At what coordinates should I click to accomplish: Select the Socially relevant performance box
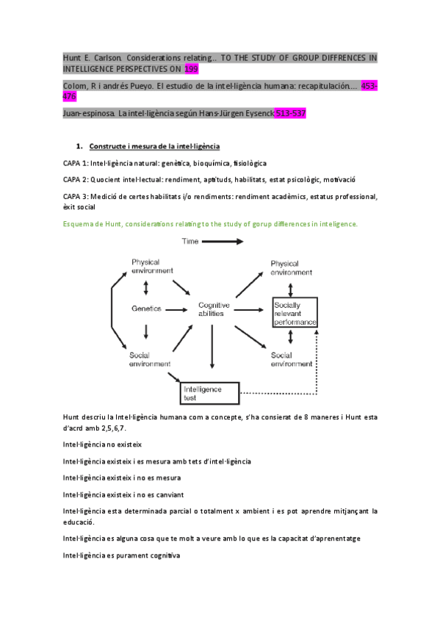coord(294,314)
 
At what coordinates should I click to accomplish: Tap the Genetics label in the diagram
coord(146,309)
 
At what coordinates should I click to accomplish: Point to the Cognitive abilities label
coord(214,309)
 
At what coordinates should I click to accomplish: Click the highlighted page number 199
coord(192,68)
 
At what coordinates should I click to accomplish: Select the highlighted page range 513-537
coord(289,113)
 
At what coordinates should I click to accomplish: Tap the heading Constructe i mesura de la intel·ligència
coord(154,146)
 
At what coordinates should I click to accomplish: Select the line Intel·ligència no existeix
coord(102,444)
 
